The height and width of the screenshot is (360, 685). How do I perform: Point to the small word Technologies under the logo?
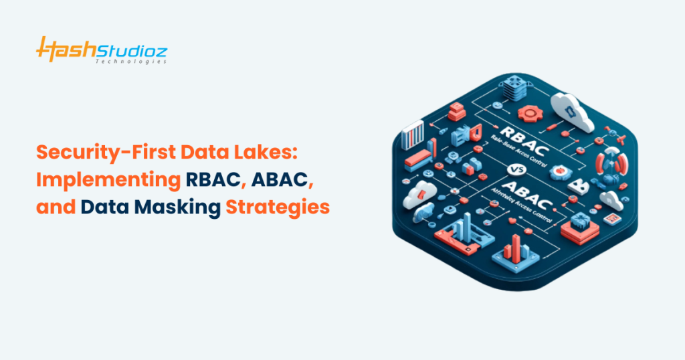[138, 61]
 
